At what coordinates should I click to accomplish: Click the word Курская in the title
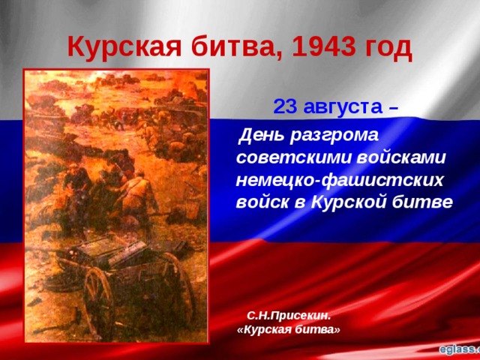tap(122, 48)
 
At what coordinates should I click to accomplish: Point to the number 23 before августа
tap(285, 106)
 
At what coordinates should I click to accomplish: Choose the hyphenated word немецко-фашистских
tap(340, 181)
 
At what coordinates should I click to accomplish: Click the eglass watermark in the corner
tap(457, 349)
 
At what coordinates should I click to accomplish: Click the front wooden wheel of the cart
tap(100, 300)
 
